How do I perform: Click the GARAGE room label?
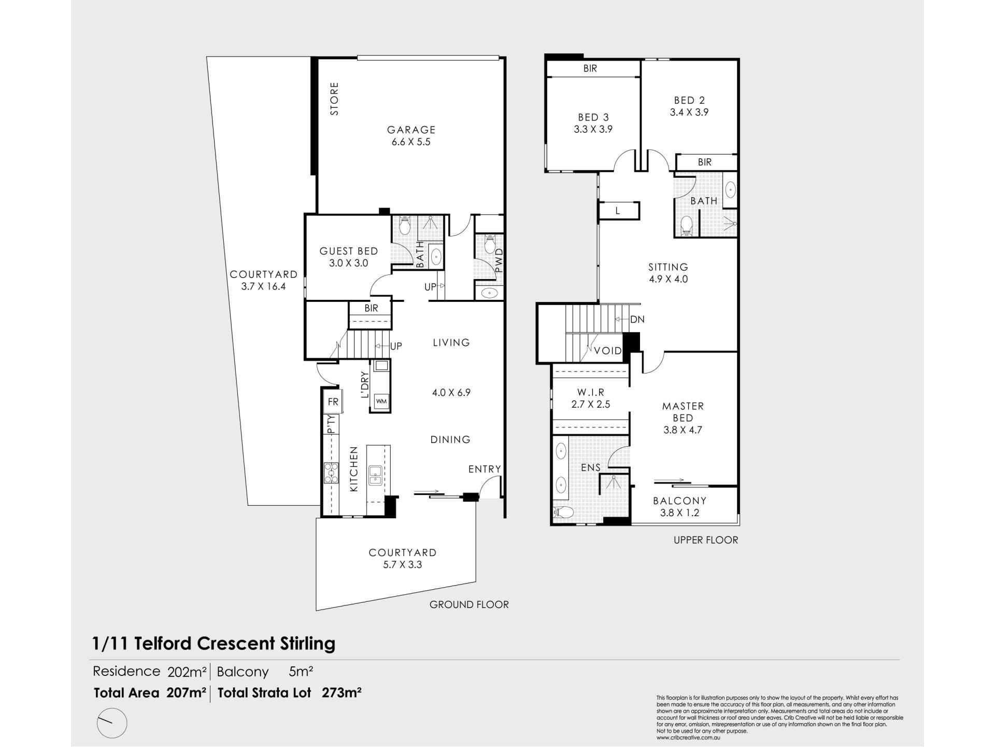411,130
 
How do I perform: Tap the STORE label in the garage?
334,99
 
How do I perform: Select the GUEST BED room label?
348,251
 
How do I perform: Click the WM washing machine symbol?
381,401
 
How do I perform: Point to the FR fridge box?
332,402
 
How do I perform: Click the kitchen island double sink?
375,475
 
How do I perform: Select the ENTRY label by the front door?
485,469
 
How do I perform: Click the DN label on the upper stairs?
637,320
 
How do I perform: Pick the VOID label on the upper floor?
607,351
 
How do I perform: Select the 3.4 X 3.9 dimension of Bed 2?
689,112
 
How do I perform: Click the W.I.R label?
591,393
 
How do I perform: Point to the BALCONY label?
679,501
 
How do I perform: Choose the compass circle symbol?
111,723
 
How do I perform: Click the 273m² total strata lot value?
342,693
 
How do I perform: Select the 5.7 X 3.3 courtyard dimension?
403,564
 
